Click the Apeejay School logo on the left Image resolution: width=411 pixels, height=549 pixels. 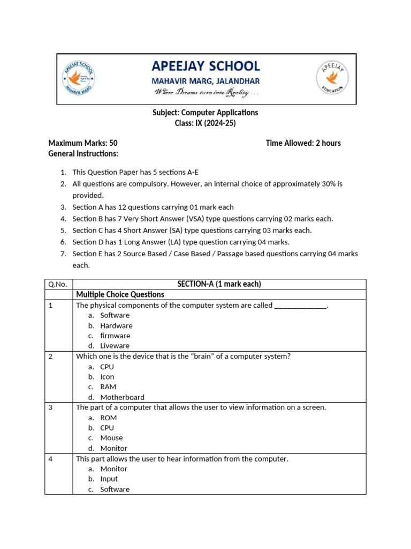(x=79, y=79)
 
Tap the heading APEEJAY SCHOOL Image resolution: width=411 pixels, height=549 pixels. (x=206, y=66)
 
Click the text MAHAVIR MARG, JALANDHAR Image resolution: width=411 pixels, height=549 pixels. (x=206, y=81)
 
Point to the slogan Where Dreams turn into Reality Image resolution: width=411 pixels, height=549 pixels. (x=206, y=93)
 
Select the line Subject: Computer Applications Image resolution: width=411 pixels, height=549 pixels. (x=205, y=113)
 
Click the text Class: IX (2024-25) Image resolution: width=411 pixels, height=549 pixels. (x=205, y=123)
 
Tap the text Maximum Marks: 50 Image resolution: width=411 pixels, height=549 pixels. (x=83, y=143)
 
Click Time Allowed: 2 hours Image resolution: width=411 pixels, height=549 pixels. (x=303, y=143)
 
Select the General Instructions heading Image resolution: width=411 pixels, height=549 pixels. (x=83, y=153)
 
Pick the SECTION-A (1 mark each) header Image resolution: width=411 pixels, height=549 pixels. (x=219, y=284)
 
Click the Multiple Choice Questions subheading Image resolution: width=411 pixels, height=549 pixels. (x=120, y=294)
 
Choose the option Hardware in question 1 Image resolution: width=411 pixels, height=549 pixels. (x=116, y=325)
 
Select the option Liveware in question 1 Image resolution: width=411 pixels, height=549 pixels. (x=115, y=346)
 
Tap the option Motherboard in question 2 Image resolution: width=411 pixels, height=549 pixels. (x=122, y=397)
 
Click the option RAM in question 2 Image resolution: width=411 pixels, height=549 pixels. (x=108, y=387)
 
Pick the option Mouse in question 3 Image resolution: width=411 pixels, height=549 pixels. (x=111, y=437)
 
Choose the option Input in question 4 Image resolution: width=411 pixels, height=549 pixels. (x=109, y=479)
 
